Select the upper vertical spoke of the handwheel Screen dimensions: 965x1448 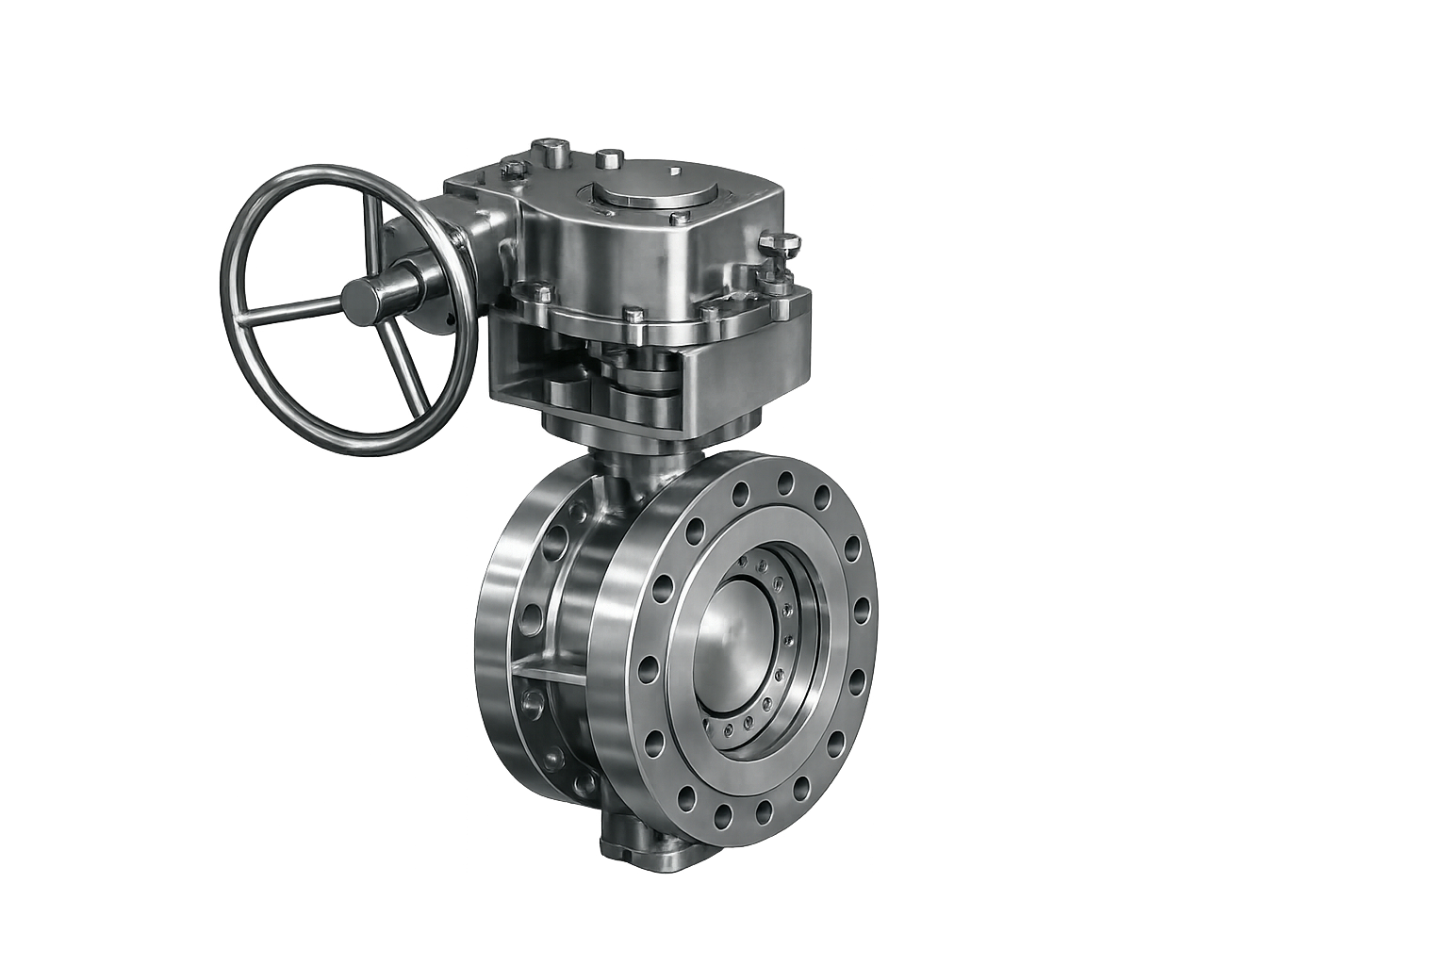tap(374, 226)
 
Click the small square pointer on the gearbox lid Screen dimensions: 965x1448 tap(675, 172)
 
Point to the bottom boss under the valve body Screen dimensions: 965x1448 tap(641, 845)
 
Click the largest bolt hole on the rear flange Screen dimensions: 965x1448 tap(530, 617)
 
